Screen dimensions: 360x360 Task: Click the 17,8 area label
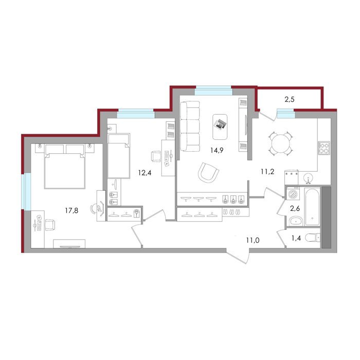coord(71,210)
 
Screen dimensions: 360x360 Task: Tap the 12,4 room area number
coord(145,173)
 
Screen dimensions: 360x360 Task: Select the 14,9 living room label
coord(217,150)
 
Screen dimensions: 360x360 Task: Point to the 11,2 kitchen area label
coord(267,171)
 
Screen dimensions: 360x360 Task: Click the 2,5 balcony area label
coord(289,100)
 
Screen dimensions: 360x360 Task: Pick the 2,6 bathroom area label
coord(295,209)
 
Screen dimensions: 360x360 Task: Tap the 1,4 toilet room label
coord(296,238)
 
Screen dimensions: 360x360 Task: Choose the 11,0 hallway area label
coord(253,240)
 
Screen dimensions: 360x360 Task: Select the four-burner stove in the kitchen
coord(323,148)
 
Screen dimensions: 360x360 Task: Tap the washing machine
coord(293,193)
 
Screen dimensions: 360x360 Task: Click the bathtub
coord(312,206)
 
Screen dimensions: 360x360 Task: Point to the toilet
coord(313,238)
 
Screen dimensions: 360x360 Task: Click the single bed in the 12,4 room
coord(119,156)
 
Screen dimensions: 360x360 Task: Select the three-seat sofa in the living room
coord(190,127)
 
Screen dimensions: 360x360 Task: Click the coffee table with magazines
coord(220,127)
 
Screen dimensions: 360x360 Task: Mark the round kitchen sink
coord(308,178)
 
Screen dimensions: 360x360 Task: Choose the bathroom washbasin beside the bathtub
coord(296,221)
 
